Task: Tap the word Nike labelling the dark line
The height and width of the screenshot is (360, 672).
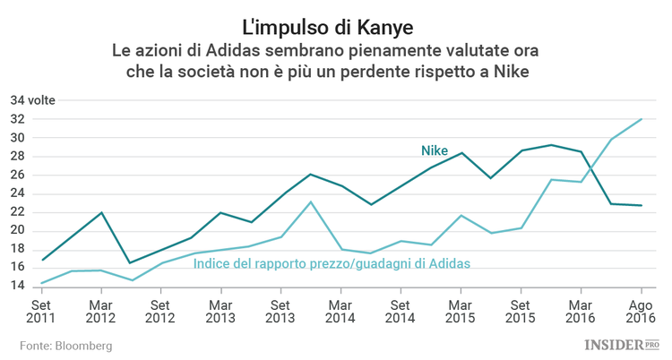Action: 435,150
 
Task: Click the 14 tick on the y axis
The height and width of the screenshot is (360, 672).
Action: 19,286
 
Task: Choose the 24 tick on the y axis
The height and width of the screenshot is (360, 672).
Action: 19,193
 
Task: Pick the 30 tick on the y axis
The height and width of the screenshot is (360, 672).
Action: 19,139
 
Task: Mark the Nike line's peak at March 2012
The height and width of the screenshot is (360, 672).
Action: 101,212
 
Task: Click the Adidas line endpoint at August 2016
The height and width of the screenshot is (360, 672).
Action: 642,119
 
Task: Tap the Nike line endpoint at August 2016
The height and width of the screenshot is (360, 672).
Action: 642,205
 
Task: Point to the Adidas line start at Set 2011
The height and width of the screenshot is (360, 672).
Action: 41,283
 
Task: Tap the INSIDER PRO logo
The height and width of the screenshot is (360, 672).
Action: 621,344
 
